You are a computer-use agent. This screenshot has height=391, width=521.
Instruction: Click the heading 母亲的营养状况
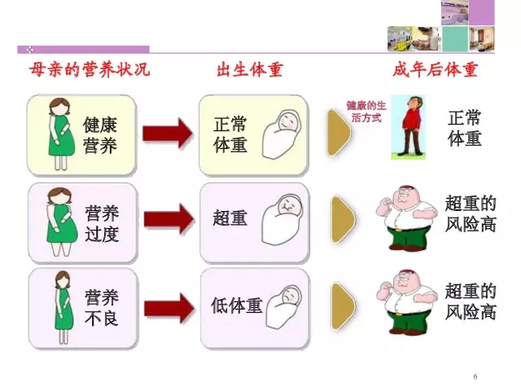click(90, 69)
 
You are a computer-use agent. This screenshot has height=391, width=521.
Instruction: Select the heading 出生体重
click(250, 70)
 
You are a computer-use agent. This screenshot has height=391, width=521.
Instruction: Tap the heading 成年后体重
click(436, 70)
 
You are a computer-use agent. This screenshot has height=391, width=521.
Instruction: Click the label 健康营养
click(100, 135)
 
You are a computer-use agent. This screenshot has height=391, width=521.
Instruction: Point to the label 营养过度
click(102, 223)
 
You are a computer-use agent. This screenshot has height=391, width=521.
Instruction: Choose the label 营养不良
click(102, 308)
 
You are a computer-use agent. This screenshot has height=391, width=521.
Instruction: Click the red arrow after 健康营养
click(168, 134)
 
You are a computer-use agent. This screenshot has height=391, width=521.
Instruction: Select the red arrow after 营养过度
click(169, 219)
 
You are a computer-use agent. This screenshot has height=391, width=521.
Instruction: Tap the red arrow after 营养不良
click(169, 308)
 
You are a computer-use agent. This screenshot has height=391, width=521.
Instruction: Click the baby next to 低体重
click(283, 307)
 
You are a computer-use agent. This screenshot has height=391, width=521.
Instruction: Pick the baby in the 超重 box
click(282, 219)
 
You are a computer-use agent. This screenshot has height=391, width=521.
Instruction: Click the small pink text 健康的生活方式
click(366, 112)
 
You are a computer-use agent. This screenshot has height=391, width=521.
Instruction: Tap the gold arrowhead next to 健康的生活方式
click(339, 133)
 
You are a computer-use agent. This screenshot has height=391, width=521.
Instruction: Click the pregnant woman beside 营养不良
click(63, 307)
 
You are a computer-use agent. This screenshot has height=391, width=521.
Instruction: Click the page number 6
click(475, 376)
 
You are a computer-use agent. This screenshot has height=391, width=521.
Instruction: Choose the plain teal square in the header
click(455, 39)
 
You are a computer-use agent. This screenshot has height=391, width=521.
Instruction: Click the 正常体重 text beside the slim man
click(465, 129)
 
